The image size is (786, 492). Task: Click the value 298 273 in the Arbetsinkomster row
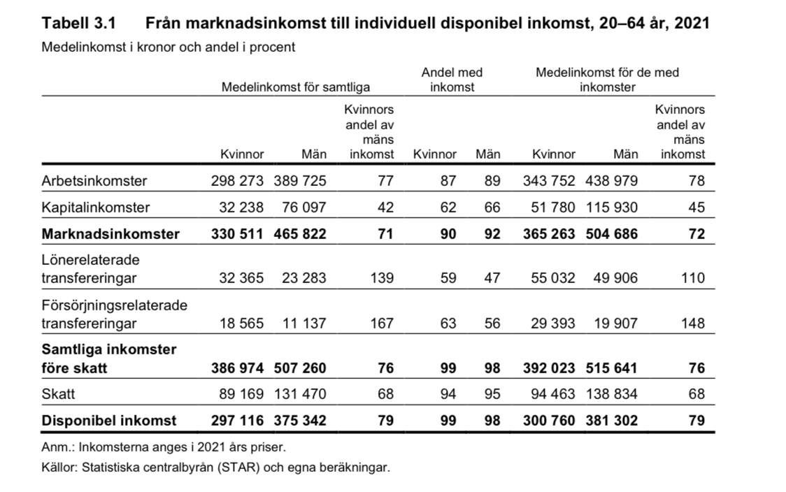pos(237,181)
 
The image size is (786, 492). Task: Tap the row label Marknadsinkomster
pos(110,234)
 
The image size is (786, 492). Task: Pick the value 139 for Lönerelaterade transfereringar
pos(382,278)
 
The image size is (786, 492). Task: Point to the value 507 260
pos(299,368)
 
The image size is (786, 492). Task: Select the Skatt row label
pos(58,394)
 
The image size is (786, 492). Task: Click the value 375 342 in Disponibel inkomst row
pos(299,421)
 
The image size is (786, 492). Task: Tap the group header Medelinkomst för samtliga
pos(295,88)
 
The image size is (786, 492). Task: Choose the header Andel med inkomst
pos(452,80)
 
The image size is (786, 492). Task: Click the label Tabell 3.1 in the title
pos(78,24)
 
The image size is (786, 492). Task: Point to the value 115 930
pos(611,208)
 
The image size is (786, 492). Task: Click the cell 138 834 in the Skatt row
pos(611,394)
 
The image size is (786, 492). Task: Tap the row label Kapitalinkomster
pos(96,208)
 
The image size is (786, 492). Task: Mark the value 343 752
pos(549,181)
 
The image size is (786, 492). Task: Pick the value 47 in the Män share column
pos(492,278)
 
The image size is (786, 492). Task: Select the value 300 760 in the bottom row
pos(549,421)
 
